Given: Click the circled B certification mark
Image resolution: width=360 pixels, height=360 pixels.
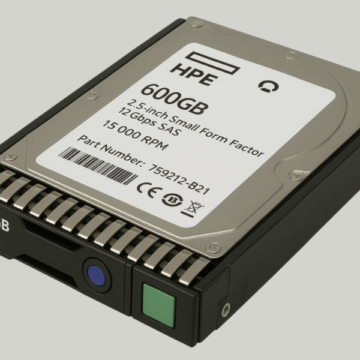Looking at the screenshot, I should pos(172,200).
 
